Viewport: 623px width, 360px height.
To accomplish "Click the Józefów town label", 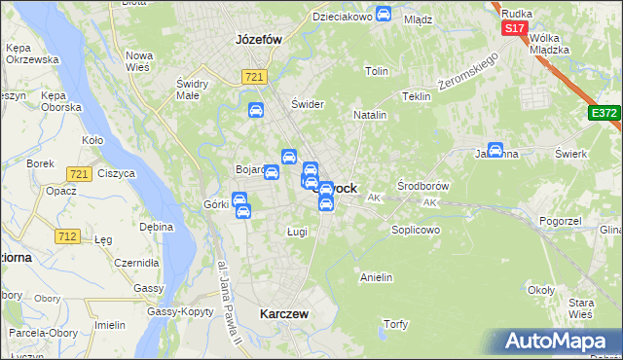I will [258, 40].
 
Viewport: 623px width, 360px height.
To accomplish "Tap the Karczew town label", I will [284, 314].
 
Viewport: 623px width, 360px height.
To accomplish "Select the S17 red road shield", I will [515, 28].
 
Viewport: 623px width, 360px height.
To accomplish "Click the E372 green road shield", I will [604, 114].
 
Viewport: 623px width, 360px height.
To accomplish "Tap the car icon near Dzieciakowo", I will [384, 15].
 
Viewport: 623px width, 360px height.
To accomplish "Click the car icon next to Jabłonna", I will [495, 150].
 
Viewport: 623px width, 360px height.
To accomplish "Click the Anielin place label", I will [376, 277].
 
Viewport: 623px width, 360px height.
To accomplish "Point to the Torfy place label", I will [395, 324].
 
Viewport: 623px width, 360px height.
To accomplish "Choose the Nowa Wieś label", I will [139, 61].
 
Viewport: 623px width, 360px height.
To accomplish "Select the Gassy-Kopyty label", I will [180, 312].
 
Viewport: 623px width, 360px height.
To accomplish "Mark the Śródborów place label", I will [423, 185].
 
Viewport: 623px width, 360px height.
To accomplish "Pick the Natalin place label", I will [370, 115].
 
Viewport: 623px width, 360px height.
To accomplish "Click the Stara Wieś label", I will [581, 309].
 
